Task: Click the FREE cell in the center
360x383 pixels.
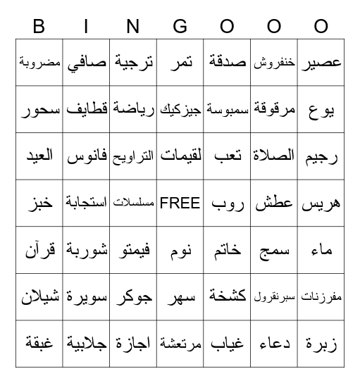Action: (x=180, y=203)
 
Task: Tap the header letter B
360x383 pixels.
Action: (x=39, y=27)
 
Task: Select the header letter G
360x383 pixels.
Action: (x=180, y=27)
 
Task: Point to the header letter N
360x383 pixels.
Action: (x=134, y=27)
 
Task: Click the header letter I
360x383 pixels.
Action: (x=87, y=27)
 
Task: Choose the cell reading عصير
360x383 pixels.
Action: (x=321, y=62)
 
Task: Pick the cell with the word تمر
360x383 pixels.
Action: (x=180, y=62)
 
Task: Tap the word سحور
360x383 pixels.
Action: (x=39, y=109)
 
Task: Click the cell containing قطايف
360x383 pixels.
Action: (x=87, y=109)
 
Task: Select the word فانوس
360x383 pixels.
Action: (x=87, y=156)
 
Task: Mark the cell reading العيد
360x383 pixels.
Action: (x=39, y=156)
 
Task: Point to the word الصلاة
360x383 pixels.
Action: (x=274, y=156)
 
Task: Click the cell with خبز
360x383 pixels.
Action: (x=39, y=203)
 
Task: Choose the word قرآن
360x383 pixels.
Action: (x=39, y=250)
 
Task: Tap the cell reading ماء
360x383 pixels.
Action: (x=321, y=250)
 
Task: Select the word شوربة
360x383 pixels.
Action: (x=87, y=250)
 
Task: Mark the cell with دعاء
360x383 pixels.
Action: (x=274, y=344)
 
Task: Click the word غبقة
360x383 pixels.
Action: (x=39, y=344)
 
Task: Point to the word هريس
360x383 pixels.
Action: (x=321, y=203)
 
